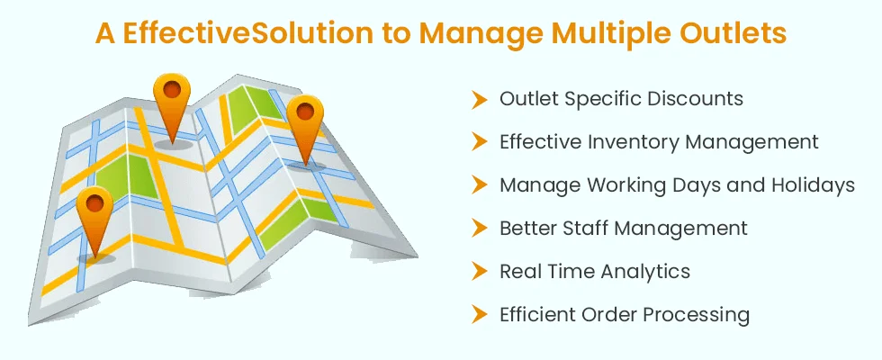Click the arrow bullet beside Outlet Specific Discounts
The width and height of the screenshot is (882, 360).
click(479, 99)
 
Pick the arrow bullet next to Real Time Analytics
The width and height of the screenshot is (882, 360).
click(479, 271)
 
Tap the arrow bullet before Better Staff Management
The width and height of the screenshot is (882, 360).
click(479, 228)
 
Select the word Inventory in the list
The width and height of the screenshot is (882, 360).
click(632, 142)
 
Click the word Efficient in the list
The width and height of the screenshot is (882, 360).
click(536, 314)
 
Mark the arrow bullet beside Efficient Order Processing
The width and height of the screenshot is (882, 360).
click(479, 314)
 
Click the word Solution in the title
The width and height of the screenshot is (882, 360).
click(311, 34)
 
